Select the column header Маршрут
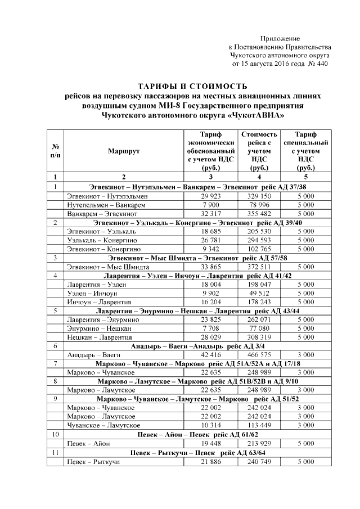tap(124, 151)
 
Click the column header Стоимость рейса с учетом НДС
tap(259, 151)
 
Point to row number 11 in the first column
tap(55, 452)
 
